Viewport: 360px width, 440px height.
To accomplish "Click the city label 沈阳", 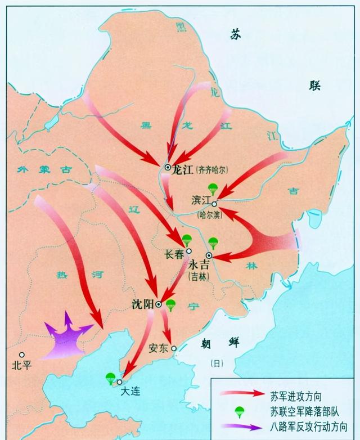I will tap(142, 304).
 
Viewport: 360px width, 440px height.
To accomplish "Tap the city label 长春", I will tap(174, 254).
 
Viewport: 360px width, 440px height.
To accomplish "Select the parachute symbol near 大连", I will tap(110, 379).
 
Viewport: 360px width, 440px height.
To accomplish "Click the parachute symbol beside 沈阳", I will tap(171, 305).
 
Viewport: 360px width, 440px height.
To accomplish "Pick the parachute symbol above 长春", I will tap(187, 240).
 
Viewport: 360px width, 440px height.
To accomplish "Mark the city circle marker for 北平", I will tap(21, 354).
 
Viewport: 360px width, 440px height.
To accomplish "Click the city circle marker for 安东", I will tap(174, 348).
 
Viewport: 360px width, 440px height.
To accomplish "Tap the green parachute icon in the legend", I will tap(240, 409).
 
